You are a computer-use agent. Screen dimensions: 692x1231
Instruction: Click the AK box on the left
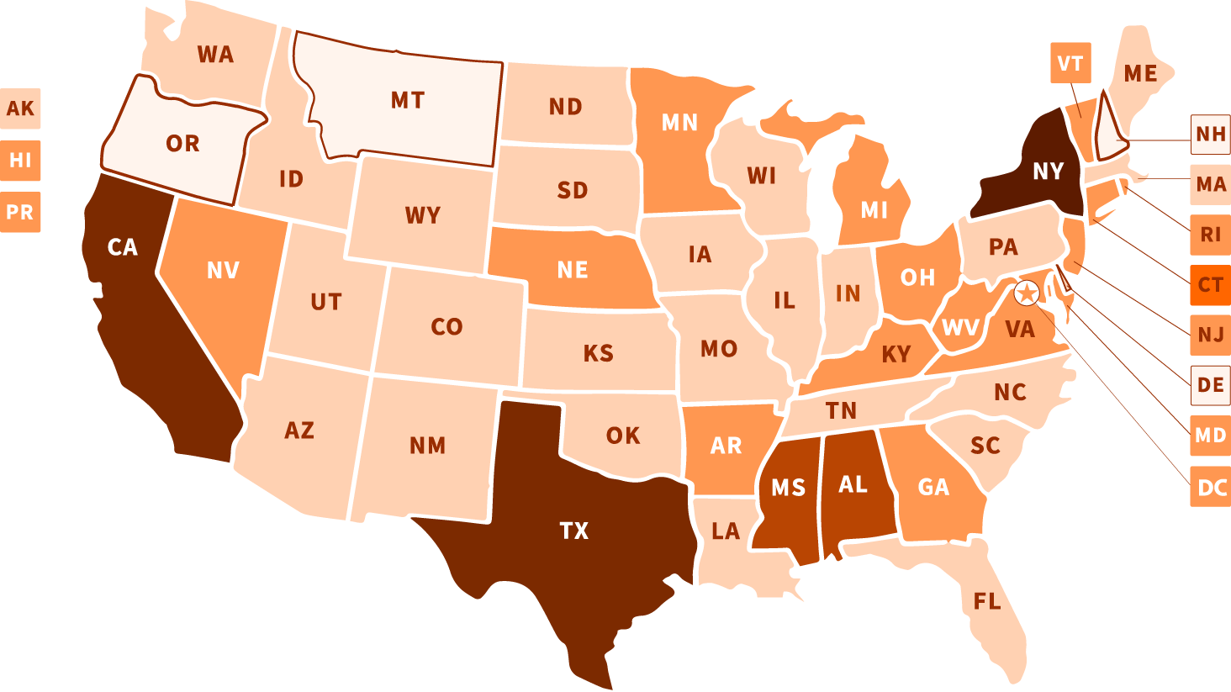point(20,108)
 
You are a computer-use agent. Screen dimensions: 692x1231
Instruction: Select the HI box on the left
point(20,160)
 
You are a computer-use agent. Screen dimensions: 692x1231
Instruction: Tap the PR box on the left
point(20,212)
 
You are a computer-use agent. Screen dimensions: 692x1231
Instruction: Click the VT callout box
point(1070,63)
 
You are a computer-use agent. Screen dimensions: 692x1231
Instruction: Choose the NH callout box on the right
point(1210,134)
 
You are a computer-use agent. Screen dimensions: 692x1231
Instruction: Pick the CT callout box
point(1210,285)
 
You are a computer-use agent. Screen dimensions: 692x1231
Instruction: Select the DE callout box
point(1210,385)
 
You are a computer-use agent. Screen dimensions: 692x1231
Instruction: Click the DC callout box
point(1210,487)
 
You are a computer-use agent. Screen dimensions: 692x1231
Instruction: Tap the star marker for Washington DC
point(1027,293)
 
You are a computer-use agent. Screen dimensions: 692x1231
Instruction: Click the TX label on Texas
point(574,531)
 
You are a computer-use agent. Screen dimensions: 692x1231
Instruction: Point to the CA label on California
point(123,247)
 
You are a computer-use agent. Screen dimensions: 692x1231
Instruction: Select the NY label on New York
point(1048,172)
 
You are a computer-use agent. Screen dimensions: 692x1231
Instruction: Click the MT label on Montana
point(408,101)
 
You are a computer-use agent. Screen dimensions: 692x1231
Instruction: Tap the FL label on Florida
point(987,601)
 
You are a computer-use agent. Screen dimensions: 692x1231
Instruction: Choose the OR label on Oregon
point(182,144)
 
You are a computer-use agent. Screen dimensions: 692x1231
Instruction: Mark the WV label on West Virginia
point(960,328)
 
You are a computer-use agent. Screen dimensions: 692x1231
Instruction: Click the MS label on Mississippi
point(788,488)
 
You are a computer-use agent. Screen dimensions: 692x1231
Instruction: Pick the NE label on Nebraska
point(573,270)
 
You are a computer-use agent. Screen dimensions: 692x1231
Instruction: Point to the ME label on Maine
point(1140,74)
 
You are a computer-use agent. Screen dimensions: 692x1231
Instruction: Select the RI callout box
point(1210,235)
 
